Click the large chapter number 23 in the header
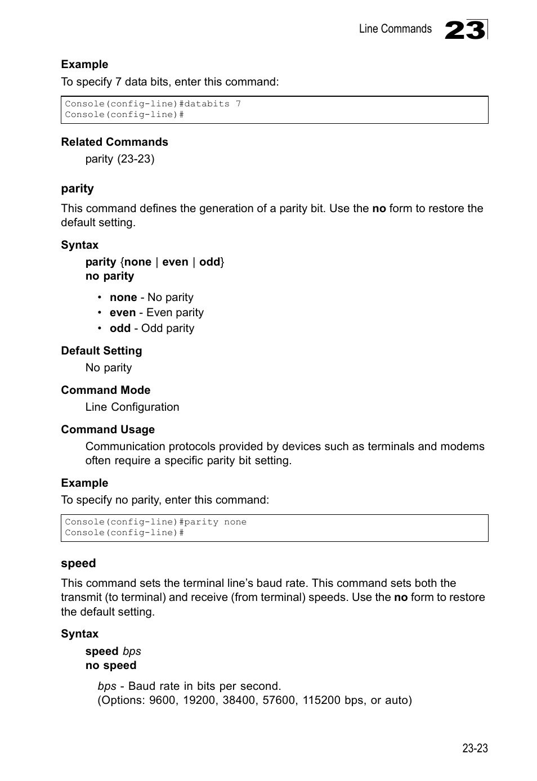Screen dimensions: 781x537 tap(465, 30)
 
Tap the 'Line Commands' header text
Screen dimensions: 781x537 tap(395, 29)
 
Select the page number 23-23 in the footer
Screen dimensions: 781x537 tap(475, 748)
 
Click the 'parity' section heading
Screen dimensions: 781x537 tap(77, 188)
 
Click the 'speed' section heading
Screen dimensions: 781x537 tap(78, 563)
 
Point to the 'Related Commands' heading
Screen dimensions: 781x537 tap(114, 142)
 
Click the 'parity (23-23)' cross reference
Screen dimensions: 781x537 tap(119, 159)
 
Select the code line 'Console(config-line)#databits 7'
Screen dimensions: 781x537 tap(153, 104)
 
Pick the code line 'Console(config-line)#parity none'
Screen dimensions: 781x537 tap(155, 522)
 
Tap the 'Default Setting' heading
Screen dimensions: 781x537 tap(101, 351)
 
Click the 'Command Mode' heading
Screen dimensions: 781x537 tap(105, 390)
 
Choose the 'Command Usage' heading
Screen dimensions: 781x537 tap(108, 429)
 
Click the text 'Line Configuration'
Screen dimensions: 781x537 tap(132, 407)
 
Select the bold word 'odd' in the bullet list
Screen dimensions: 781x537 tap(120, 328)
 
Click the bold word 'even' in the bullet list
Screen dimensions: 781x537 tap(123, 312)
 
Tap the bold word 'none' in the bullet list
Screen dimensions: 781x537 tap(123, 297)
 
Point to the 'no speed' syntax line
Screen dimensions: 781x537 tap(111, 665)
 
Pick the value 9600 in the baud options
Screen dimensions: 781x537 tap(162, 700)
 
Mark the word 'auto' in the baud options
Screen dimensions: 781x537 tap(397, 700)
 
